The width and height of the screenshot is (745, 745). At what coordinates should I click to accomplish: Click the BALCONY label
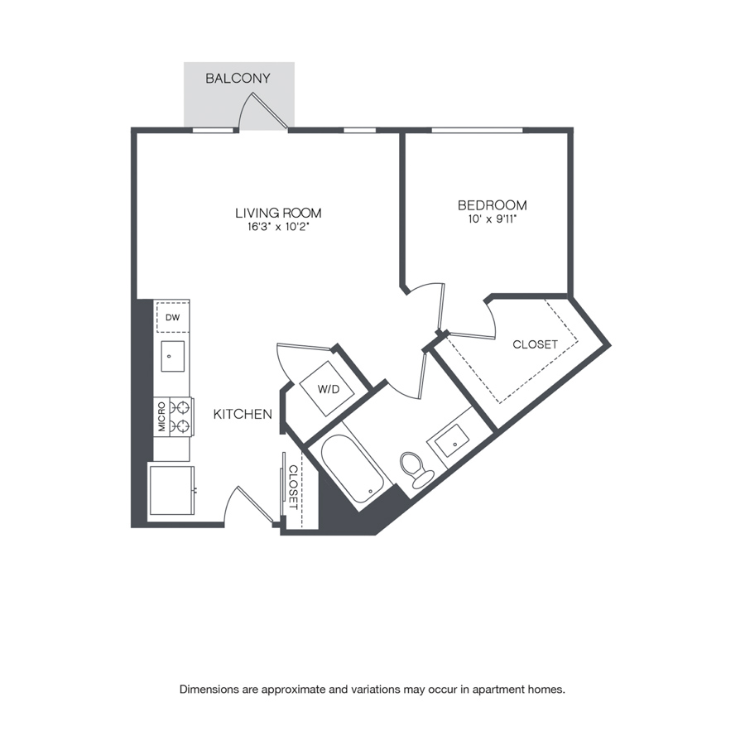coord(238,79)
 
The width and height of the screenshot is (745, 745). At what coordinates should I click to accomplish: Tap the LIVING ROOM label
coord(278,213)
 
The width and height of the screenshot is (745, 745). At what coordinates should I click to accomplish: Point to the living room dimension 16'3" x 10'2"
coord(278,227)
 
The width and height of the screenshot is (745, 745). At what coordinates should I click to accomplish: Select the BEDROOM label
coord(493,205)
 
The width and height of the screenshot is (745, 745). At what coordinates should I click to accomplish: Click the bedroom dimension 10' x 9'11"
coord(493,219)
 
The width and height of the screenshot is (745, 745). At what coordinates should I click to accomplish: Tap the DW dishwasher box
coord(172,317)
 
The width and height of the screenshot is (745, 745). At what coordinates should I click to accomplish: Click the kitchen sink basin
coord(172,356)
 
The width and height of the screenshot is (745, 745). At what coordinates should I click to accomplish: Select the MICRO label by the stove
coord(162,416)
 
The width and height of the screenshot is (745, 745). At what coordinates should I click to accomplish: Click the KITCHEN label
coord(243,415)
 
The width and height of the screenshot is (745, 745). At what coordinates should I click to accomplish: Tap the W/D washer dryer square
coord(327,389)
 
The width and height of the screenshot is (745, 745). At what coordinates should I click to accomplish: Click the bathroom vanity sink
coord(452,441)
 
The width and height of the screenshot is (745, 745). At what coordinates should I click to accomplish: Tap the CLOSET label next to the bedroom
coord(535,344)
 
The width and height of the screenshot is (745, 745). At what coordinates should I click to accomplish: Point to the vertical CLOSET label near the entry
coord(293,488)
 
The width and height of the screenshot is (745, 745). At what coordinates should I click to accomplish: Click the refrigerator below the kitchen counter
coord(171,490)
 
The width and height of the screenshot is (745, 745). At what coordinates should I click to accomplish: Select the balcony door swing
coord(262,111)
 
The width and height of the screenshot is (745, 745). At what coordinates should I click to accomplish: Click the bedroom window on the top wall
coord(477,130)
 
